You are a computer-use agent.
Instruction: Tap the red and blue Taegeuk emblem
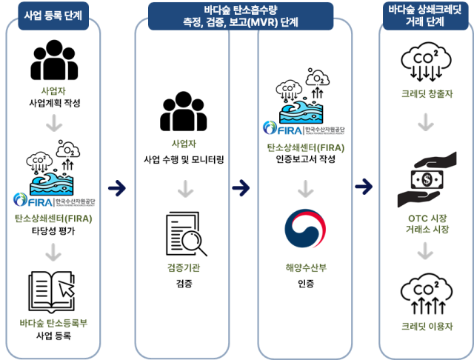click(x=305, y=230)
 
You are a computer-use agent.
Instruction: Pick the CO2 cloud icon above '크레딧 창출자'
click(x=423, y=64)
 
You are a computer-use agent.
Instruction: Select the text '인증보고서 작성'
click(x=305, y=159)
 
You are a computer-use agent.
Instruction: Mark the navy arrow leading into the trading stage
click(x=364, y=187)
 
